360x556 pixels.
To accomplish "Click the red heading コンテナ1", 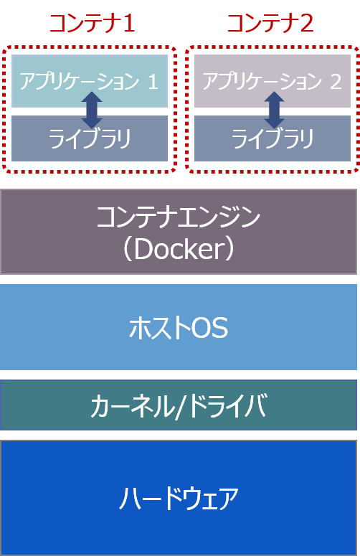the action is click(92, 24).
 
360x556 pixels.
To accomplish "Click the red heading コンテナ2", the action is click(270, 24).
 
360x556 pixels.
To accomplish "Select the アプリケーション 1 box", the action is click(90, 81).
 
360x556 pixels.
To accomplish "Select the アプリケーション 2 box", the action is click(273, 81).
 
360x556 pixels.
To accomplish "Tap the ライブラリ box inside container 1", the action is click(90, 138).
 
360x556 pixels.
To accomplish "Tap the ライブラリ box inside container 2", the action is click(273, 138).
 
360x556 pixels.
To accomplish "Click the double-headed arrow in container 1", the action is click(92, 110).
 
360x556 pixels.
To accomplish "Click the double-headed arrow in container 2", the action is click(274, 110).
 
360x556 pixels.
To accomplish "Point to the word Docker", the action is click(179, 249).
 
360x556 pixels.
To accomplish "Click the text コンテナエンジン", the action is click(179, 217).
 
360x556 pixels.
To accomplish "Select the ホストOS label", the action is click(179, 328).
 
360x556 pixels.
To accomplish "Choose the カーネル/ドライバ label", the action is click(179, 405).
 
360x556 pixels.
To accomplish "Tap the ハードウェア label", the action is click(179, 499).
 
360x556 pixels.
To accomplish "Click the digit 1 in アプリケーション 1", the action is click(153, 81).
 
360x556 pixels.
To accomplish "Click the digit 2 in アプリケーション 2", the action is click(336, 81).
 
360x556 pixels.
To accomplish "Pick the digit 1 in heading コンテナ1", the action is click(128, 24).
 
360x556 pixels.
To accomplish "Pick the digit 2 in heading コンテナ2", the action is click(306, 24).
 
